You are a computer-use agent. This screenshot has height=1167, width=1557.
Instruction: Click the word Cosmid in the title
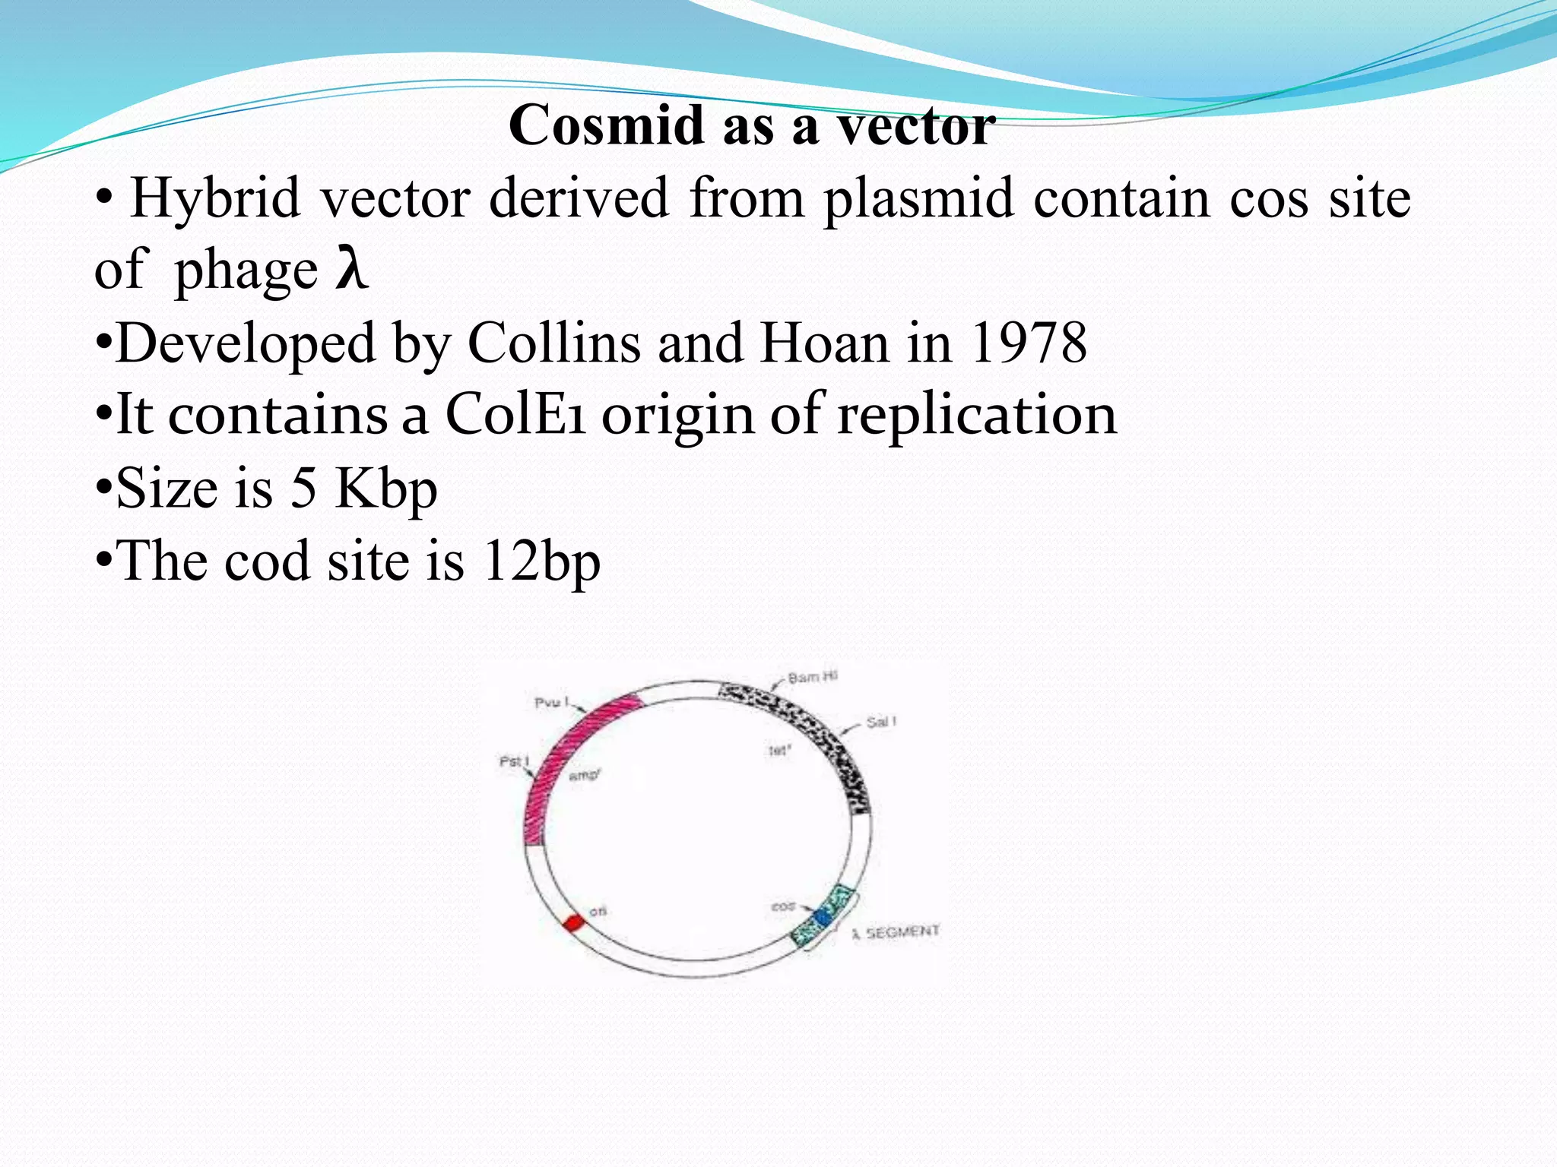pyautogui.click(x=606, y=125)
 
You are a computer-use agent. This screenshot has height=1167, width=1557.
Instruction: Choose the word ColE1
pyautogui.click(x=515, y=415)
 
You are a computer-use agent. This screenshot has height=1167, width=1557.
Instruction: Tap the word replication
pyautogui.click(x=977, y=416)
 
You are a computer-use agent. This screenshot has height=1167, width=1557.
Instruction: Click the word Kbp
pyautogui.click(x=386, y=489)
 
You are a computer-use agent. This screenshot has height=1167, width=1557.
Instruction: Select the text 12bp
pyautogui.click(x=541, y=561)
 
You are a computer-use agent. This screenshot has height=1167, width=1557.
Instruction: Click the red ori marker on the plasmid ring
pyautogui.click(x=573, y=923)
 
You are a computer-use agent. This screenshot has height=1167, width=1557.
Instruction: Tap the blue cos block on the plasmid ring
pyautogui.click(x=823, y=916)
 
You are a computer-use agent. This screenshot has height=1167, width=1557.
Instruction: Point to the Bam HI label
pyautogui.click(x=812, y=677)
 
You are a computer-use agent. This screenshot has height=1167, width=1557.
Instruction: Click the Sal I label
pyautogui.click(x=881, y=722)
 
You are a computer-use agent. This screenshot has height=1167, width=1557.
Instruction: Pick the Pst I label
pyautogui.click(x=515, y=761)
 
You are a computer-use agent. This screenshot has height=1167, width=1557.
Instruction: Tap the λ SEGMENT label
pyautogui.click(x=896, y=932)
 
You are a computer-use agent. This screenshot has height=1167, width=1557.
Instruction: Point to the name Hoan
pyautogui.click(x=824, y=343)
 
